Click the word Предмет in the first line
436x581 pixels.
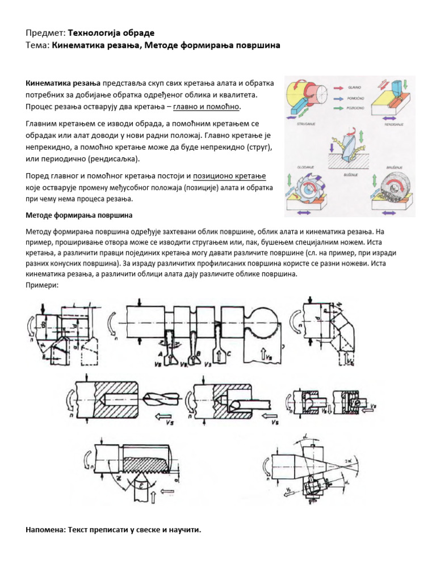pos(45,33)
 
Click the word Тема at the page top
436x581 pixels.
pos(37,45)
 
